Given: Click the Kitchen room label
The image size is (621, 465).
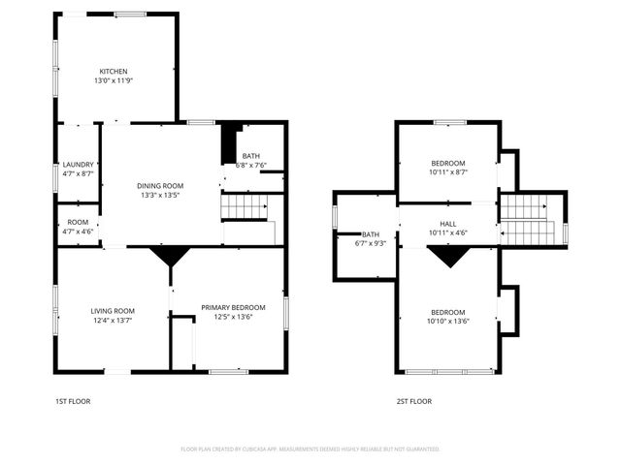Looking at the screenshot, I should coord(114,71).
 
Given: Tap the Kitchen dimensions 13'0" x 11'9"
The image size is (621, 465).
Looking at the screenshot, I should coord(114,81).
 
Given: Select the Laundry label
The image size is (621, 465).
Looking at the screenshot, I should coord(78,164).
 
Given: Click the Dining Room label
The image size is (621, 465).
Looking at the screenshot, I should coord(160,185).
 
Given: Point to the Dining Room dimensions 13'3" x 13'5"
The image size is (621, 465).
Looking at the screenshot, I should coord(160,195).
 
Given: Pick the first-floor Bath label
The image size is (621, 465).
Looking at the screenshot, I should coord(251,156).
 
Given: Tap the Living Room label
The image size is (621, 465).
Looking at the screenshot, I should coord(113,310).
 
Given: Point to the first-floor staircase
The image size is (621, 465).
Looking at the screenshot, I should coord(244,207).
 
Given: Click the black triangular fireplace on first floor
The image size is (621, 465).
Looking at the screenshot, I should coord(171,255).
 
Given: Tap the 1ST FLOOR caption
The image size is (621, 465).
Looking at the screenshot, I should coord(73,400).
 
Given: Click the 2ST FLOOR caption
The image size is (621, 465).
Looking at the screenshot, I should coord(413,400).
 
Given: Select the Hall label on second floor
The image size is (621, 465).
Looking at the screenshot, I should coord(448,223).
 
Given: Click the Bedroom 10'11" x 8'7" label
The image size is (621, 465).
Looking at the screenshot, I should coord(448,168).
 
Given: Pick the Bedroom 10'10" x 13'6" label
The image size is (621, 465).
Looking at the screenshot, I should coord(448,317).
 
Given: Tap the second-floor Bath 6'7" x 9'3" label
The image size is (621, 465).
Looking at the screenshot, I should coord(371,238).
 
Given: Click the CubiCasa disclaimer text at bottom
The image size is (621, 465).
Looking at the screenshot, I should coord(310,449).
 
